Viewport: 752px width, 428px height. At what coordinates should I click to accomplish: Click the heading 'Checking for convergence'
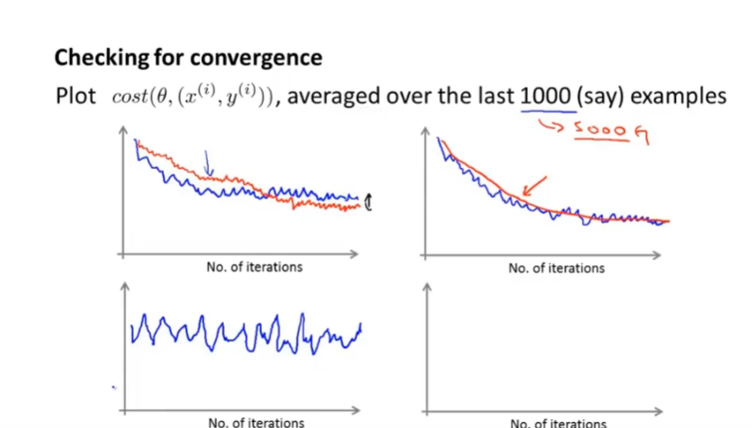coord(188,58)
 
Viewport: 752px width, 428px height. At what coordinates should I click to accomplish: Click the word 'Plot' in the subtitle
coord(75,96)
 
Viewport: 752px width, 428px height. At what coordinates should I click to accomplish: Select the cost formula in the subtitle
coord(193,96)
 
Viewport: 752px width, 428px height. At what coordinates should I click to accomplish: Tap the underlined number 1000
coord(546,96)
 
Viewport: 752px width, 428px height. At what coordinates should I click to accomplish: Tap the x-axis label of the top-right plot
coord(556,267)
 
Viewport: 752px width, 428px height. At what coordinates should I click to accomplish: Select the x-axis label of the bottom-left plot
coord(257,422)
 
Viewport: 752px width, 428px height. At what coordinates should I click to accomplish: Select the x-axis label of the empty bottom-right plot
coord(558,423)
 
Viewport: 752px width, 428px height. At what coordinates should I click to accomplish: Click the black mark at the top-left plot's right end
coord(367,204)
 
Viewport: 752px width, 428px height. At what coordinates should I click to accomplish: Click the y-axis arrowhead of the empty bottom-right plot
coord(426,287)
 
